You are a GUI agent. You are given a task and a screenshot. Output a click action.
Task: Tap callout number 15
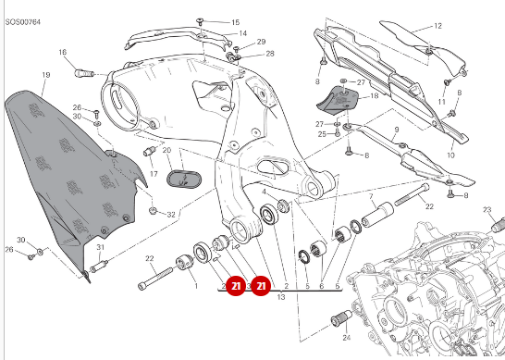[234, 21]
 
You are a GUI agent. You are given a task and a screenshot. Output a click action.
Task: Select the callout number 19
[44, 74]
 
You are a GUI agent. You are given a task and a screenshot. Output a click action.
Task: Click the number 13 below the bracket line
[280, 298]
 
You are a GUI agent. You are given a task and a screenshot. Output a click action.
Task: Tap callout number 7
[370, 197]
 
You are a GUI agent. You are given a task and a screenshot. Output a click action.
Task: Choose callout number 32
[171, 214]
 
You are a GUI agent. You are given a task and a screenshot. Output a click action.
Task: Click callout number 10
[451, 156]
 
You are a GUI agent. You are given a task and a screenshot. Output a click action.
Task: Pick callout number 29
[261, 42]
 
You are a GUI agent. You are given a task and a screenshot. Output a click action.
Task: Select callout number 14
[242, 33]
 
